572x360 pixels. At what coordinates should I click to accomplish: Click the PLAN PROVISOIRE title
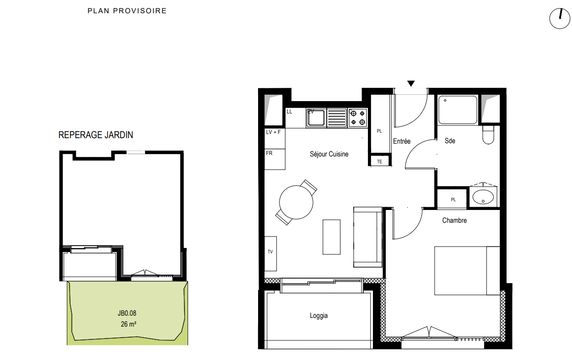127,11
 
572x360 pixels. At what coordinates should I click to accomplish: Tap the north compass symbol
560,18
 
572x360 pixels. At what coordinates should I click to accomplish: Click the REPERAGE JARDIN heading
96,135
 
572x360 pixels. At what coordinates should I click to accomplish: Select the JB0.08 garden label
127,313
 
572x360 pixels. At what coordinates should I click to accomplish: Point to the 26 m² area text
129,324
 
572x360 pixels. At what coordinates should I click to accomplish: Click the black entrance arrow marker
411,84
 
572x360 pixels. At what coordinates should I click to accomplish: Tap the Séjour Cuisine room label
329,154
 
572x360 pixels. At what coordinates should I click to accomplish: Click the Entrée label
402,141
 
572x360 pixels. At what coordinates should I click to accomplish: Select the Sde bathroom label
450,141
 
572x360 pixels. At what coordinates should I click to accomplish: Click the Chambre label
454,220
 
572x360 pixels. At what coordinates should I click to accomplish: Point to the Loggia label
318,316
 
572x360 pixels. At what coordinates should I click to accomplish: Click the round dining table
296,202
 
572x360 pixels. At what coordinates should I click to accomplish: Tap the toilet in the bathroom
488,134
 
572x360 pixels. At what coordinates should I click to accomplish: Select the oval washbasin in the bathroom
483,197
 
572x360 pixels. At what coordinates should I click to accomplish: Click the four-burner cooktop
358,118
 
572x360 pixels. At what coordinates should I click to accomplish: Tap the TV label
270,252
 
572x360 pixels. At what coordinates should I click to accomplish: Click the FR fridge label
269,153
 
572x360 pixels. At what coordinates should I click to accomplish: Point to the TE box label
380,161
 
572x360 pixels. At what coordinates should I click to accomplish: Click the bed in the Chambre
467,271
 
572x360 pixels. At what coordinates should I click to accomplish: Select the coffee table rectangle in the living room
331,237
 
